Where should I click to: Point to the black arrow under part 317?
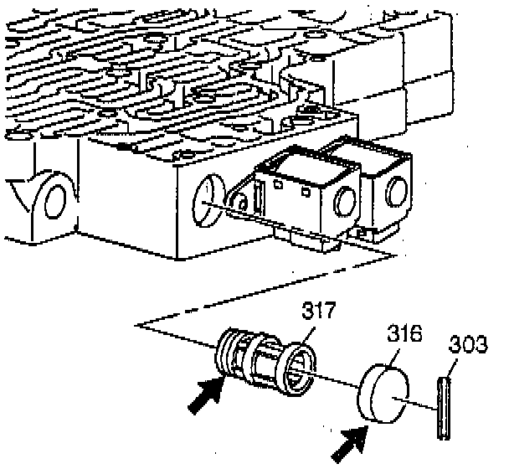tap(204, 394)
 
